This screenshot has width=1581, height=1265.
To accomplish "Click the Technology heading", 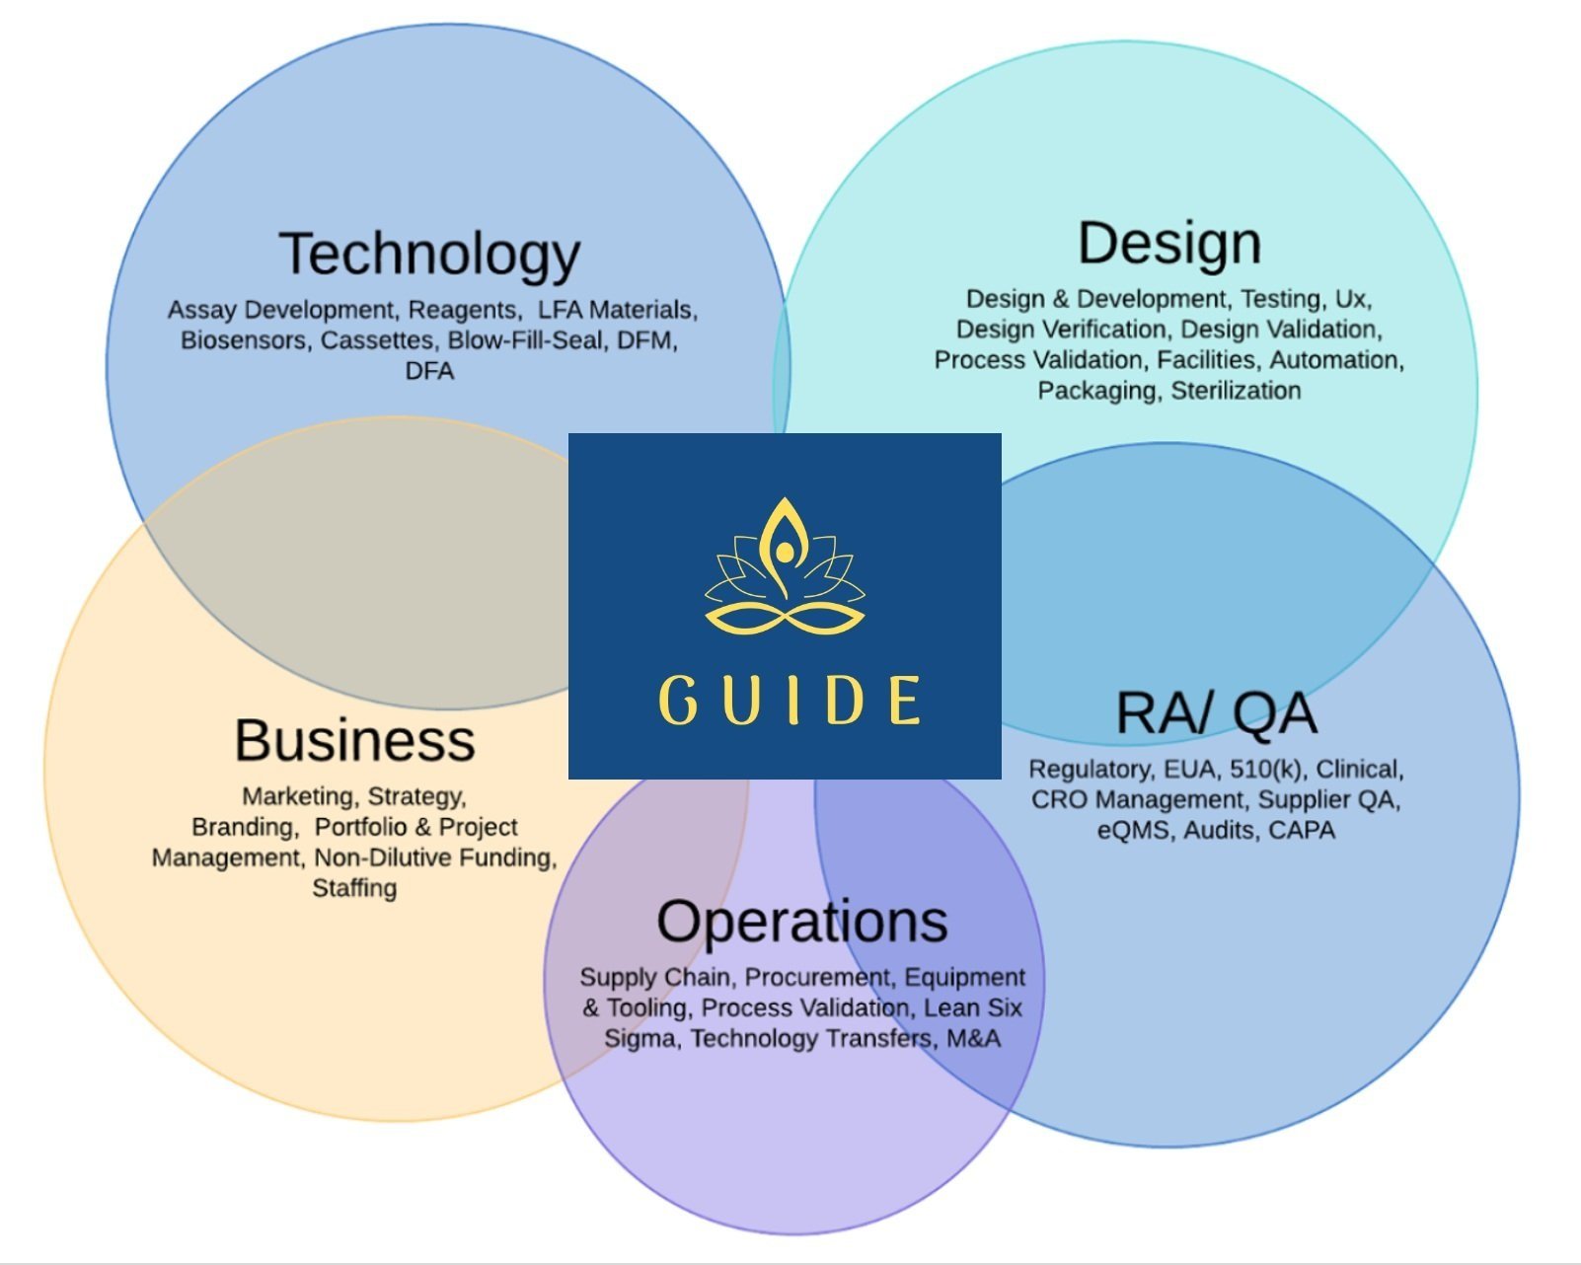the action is tap(429, 255).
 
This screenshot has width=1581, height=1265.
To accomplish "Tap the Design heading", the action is tap(1168, 244).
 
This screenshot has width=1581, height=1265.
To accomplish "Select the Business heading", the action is tap(354, 740).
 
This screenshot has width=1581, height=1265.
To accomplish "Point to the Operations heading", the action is tap(801, 922).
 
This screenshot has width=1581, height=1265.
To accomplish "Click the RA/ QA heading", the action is tap(1216, 713).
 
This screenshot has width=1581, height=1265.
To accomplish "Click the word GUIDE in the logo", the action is tap(789, 701).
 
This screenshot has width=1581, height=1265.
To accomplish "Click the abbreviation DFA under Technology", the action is tap(429, 372).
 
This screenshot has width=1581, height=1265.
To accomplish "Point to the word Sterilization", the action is tap(1236, 391).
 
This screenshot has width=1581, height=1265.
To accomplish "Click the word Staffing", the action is tap(354, 888).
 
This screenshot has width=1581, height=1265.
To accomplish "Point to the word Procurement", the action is tap(817, 978).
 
